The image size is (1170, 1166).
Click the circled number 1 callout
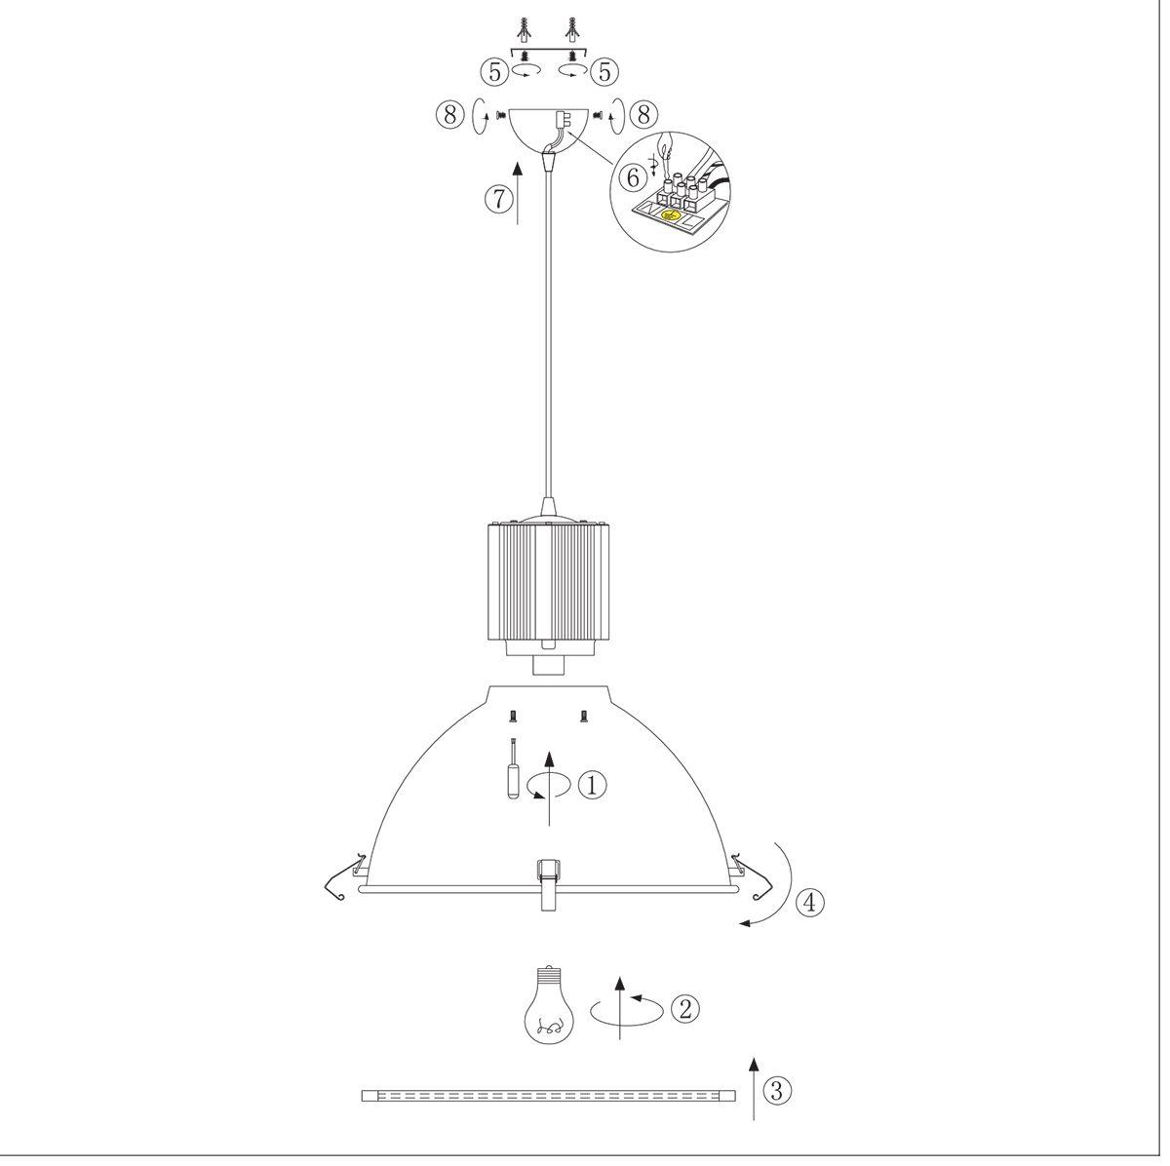[592, 784]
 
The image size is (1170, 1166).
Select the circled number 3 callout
[777, 1091]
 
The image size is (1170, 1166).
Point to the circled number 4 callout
[810, 902]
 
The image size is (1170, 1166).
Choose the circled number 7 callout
[498, 199]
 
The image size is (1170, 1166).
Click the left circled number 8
[449, 115]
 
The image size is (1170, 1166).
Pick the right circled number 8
[643, 115]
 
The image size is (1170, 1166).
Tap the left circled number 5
[493, 70]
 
